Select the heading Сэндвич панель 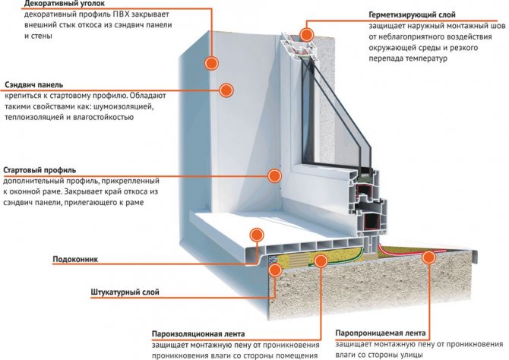pyautogui.click(x=33, y=84)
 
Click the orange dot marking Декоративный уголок pyautogui.click(x=212, y=62)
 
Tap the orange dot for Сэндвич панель pyautogui.click(x=226, y=90)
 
